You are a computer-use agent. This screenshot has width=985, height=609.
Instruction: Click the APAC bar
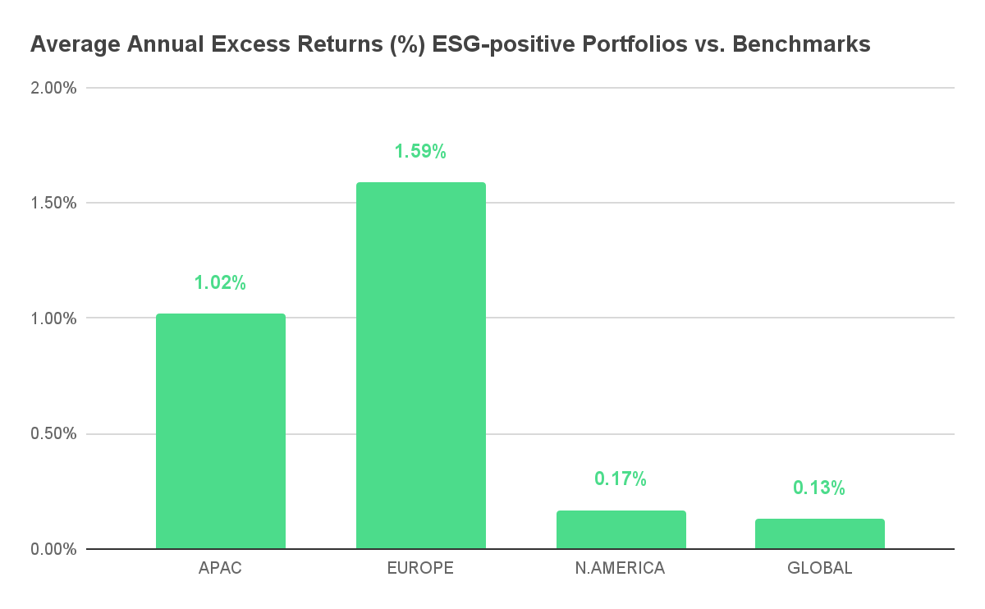[221, 431]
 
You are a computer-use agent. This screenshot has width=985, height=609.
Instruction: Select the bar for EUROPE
[421, 365]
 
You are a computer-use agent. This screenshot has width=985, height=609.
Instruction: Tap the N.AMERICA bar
[621, 529]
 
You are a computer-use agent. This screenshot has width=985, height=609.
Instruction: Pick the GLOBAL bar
[820, 533]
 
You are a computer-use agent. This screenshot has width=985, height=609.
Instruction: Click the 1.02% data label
[220, 282]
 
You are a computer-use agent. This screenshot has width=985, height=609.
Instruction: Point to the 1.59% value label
[420, 151]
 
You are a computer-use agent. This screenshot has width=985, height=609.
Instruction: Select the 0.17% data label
[621, 478]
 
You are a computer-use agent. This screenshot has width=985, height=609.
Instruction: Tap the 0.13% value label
[819, 488]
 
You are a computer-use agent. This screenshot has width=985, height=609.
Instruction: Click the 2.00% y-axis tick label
[53, 88]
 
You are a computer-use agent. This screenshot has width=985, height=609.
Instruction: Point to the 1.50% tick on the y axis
[53, 204]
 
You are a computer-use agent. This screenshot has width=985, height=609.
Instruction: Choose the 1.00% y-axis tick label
[53, 318]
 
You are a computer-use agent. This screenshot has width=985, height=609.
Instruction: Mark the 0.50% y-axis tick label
[53, 433]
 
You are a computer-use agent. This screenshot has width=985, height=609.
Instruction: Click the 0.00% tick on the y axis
[53, 549]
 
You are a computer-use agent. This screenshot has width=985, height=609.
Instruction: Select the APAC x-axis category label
[220, 568]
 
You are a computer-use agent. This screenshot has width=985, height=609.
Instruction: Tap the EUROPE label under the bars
[420, 568]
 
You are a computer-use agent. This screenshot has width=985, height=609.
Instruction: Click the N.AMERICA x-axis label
[620, 568]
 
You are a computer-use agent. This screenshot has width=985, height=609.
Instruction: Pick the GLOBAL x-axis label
[820, 568]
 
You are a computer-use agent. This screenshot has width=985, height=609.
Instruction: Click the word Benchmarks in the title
[801, 44]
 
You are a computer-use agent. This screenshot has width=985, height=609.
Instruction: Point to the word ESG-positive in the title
[504, 45]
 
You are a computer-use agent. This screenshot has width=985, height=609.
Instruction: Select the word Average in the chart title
[76, 44]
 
